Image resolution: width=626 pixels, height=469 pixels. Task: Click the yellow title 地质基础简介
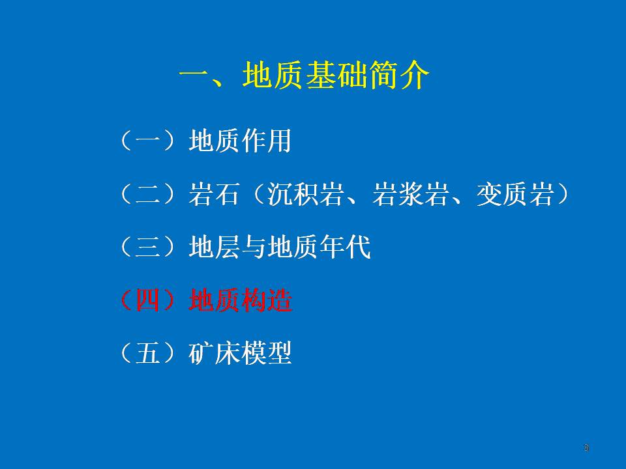point(336,75)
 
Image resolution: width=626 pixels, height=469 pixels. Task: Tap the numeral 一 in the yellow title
point(194,74)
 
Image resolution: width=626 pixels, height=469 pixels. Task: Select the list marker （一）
point(148,141)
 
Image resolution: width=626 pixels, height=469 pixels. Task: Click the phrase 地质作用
point(240,141)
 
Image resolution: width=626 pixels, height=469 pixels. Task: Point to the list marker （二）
point(148,194)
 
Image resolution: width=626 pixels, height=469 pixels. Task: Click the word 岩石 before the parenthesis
point(214,194)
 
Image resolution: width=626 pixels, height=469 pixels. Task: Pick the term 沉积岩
point(305,194)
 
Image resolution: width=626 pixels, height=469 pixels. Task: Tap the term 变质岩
point(515,194)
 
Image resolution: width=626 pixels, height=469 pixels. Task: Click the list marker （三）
point(148,247)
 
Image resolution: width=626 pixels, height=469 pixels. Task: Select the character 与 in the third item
point(253,247)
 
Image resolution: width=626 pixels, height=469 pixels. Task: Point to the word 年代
point(344,247)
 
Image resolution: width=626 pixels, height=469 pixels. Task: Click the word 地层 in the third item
point(214,247)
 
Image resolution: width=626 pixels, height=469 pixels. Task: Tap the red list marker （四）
point(148,300)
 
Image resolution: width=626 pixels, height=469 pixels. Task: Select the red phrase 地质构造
point(241,300)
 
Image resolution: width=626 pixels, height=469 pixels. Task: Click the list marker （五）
point(148,353)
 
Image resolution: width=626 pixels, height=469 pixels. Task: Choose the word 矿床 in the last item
point(214,353)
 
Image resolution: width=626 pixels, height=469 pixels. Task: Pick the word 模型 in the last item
point(266,353)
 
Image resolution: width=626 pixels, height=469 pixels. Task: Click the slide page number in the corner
point(586,448)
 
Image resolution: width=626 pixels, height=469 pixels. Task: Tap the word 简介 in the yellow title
point(399,75)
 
